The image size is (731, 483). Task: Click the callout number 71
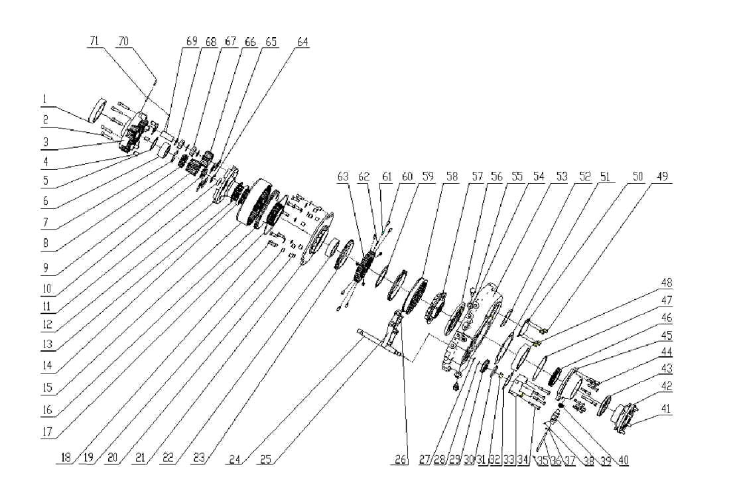[x=94, y=41]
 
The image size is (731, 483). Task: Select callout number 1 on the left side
[x=44, y=100]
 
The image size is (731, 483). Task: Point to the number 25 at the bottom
[x=265, y=459]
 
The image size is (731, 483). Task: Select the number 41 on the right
[x=665, y=410]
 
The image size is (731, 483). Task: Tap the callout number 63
[x=343, y=177]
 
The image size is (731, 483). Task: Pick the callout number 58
[x=452, y=177]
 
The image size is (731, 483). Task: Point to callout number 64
[x=302, y=42]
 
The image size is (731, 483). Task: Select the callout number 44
[x=665, y=351]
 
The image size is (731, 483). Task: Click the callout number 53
[x=562, y=177]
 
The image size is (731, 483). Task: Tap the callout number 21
[x=140, y=459]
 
